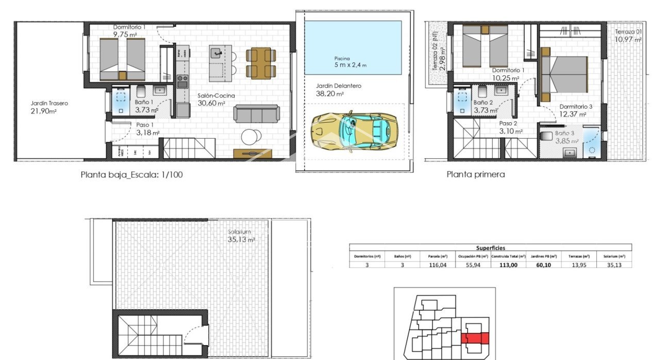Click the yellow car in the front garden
coord(354,131)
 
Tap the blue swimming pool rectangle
coord(353,48)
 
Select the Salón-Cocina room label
coord(217,96)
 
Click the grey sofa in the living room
coord(257,113)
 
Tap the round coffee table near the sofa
coord(252,136)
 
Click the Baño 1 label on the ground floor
coord(143,102)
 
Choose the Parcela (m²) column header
coord(437,256)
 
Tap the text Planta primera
coord(475,174)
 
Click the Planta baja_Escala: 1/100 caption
coord(131,175)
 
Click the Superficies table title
coord(490,248)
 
